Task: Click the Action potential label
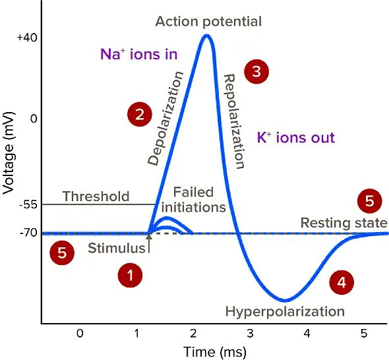pyautogui.click(x=208, y=21)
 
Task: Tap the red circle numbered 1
pyautogui.click(x=130, y=276)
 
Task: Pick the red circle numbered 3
pyautogui.click(x=256, y=71)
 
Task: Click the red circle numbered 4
pyautogui.click(x=341, y=282)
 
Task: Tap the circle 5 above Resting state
pyautogui.click(x=369, y=200)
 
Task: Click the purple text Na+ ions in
pyautogui.click(x=138, y=55)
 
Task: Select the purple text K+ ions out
pyautogui.click(x=296, y=138)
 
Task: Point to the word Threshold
pyautogui.click(x=96, y=196)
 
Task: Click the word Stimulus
pyautogui.click(x=116, y=249)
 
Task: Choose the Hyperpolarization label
pyautogui.click(x=285, y=311)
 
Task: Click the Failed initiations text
pyautogui.click(x=194, y=200)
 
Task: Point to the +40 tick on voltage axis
pyautogui.click(x=26, y=38)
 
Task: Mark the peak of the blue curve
pyautogui.click(x=207, y=36)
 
